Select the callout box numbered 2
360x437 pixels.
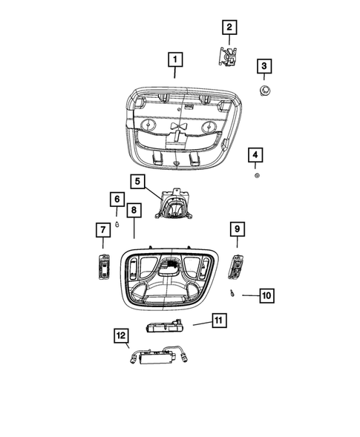(229, 28)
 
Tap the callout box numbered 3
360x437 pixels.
(263, 67)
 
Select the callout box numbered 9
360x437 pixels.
(238, 229)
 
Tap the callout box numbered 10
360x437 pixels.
(266, 295)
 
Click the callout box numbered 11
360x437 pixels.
(218, 321)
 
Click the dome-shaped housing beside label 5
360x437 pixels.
(174, 206)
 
